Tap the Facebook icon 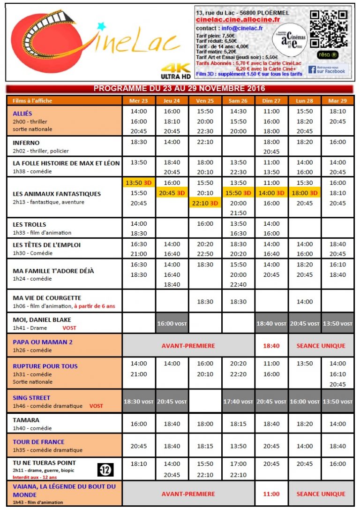312,70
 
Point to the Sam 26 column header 238,101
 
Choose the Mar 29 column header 337,101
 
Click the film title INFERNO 26,143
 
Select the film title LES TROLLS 30,224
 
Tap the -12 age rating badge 105,469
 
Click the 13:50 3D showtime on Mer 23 139,183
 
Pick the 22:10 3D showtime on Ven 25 205,203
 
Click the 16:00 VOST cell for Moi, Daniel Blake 172,323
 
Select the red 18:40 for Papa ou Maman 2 272,346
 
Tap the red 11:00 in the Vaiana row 272,494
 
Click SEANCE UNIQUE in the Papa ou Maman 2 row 321,346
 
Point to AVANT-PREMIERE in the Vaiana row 188,494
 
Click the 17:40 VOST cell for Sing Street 238,402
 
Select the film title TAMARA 26,420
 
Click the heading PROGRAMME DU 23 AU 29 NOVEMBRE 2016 180,89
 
